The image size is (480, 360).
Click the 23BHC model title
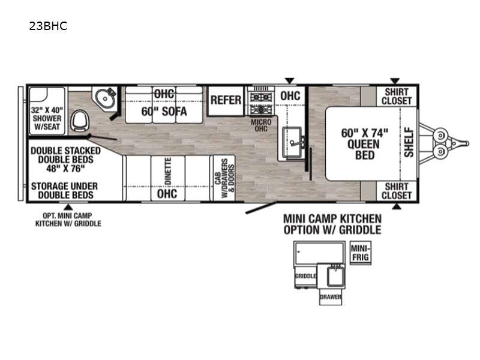tap(48, 26)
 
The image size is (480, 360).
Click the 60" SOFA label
tap(164, 112)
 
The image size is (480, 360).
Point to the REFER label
tap(226, 100)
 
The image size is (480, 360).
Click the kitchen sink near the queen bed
tap(293, 143)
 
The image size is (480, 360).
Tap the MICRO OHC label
tap(261, 125)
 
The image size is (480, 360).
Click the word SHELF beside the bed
tap(409, 143)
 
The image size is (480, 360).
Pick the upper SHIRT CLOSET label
tap(397, 96)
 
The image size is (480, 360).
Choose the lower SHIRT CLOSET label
tap(397, 191)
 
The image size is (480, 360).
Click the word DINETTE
tap(168, 171)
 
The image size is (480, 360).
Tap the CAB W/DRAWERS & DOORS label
tap(224, 178)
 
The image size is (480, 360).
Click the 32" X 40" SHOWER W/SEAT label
tap(47, 118)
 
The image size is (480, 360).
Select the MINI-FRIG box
tap(361, 253)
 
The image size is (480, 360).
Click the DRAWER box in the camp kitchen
tap(331, 296)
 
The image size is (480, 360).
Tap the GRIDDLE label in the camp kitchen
tap(305, 276)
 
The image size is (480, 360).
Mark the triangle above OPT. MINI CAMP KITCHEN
tap(68, 207)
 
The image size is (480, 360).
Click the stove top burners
tap(261, 103)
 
